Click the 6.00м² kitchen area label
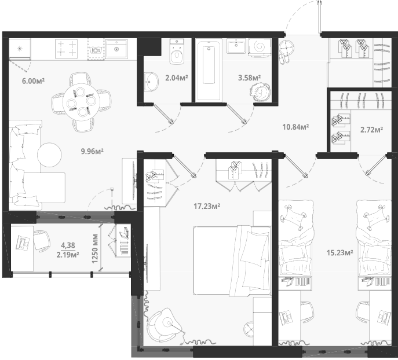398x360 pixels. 33,81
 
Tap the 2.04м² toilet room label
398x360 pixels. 177,78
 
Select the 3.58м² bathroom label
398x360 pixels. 249,78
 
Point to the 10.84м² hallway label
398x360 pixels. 295,127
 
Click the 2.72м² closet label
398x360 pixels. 372,130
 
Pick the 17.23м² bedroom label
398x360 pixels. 207,207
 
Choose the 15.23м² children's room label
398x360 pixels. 340,253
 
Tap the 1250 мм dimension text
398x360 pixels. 95,249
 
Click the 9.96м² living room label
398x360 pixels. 92,152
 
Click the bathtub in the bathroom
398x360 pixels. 209,69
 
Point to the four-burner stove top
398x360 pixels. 66,49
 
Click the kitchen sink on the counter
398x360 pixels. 116,49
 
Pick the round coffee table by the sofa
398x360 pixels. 49,155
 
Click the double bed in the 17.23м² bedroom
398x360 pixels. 232,260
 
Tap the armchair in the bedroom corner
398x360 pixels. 164,325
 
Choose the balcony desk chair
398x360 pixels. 42,241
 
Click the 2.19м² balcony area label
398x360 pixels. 68,254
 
